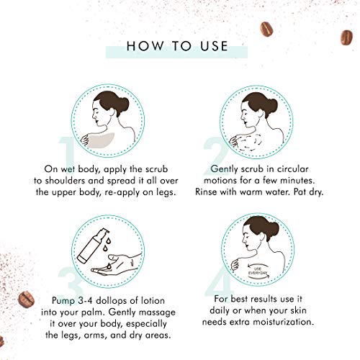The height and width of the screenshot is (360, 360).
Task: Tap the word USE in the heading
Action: [214, 46]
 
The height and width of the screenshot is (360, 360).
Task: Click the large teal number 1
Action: [68, 153]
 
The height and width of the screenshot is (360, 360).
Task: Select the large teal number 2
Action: [215, 156]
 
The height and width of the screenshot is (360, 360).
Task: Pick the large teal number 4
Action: [219, 284]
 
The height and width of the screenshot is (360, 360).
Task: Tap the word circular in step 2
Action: [293, 169]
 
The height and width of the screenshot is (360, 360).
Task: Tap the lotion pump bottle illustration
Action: [93, 246]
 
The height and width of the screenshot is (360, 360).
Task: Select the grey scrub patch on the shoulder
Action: [101, 140]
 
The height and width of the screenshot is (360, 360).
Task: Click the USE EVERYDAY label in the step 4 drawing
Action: [257, 271]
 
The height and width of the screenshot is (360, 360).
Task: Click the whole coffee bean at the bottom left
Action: [26, 299]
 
